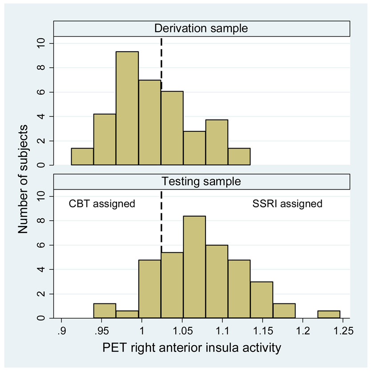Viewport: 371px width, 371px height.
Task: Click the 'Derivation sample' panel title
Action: pyautogui.click(x=202, y=28)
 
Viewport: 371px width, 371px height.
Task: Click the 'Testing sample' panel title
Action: pyautogui.click(x=202, y=181)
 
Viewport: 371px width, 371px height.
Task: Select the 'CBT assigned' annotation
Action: pyautogui.click(x=101, y=204)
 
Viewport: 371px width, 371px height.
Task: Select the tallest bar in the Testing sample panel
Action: pyautogui.click(x=194, y=267)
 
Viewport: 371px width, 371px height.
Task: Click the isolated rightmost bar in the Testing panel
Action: pyautogui.click(x=329, y=315)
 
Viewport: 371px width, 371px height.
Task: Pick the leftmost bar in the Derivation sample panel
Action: pyautogui.click(x=82, y=157)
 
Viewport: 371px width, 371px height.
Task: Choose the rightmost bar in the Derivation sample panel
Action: pyautogui.click(x=239, y=157)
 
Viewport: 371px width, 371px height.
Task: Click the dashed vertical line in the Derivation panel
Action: pyautogui.click(x=161, y=58)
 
